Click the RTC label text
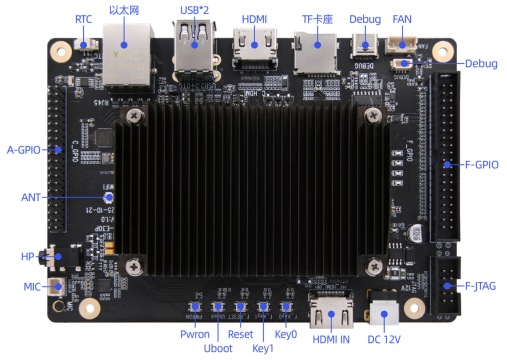pyautogui.click(x=85, y=20)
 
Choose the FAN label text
pyautogui.click(x=402, y=19)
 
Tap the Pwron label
pyautogui.click(x=195, y=334)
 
